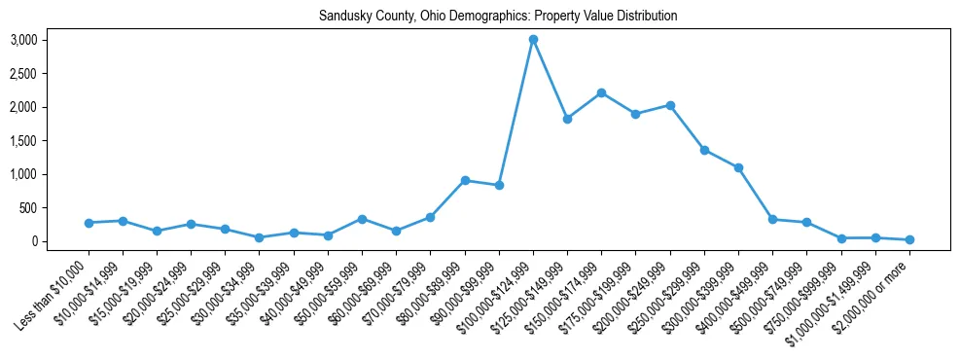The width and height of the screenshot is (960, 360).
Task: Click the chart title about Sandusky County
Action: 498,17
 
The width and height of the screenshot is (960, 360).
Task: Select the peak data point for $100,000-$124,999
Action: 533,40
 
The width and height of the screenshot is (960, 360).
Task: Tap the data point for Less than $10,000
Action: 89,223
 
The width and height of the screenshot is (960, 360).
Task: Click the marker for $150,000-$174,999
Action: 601,92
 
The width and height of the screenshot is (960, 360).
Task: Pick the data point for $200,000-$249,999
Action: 670,105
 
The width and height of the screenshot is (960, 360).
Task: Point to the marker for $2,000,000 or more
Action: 909,239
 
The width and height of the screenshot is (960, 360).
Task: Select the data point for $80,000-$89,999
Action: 465,180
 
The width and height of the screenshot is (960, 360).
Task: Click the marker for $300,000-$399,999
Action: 738,167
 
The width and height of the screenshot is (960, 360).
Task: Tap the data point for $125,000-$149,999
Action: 567,119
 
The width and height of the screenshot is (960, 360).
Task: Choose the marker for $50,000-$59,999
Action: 362,219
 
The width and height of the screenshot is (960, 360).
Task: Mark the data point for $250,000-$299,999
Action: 704,150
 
